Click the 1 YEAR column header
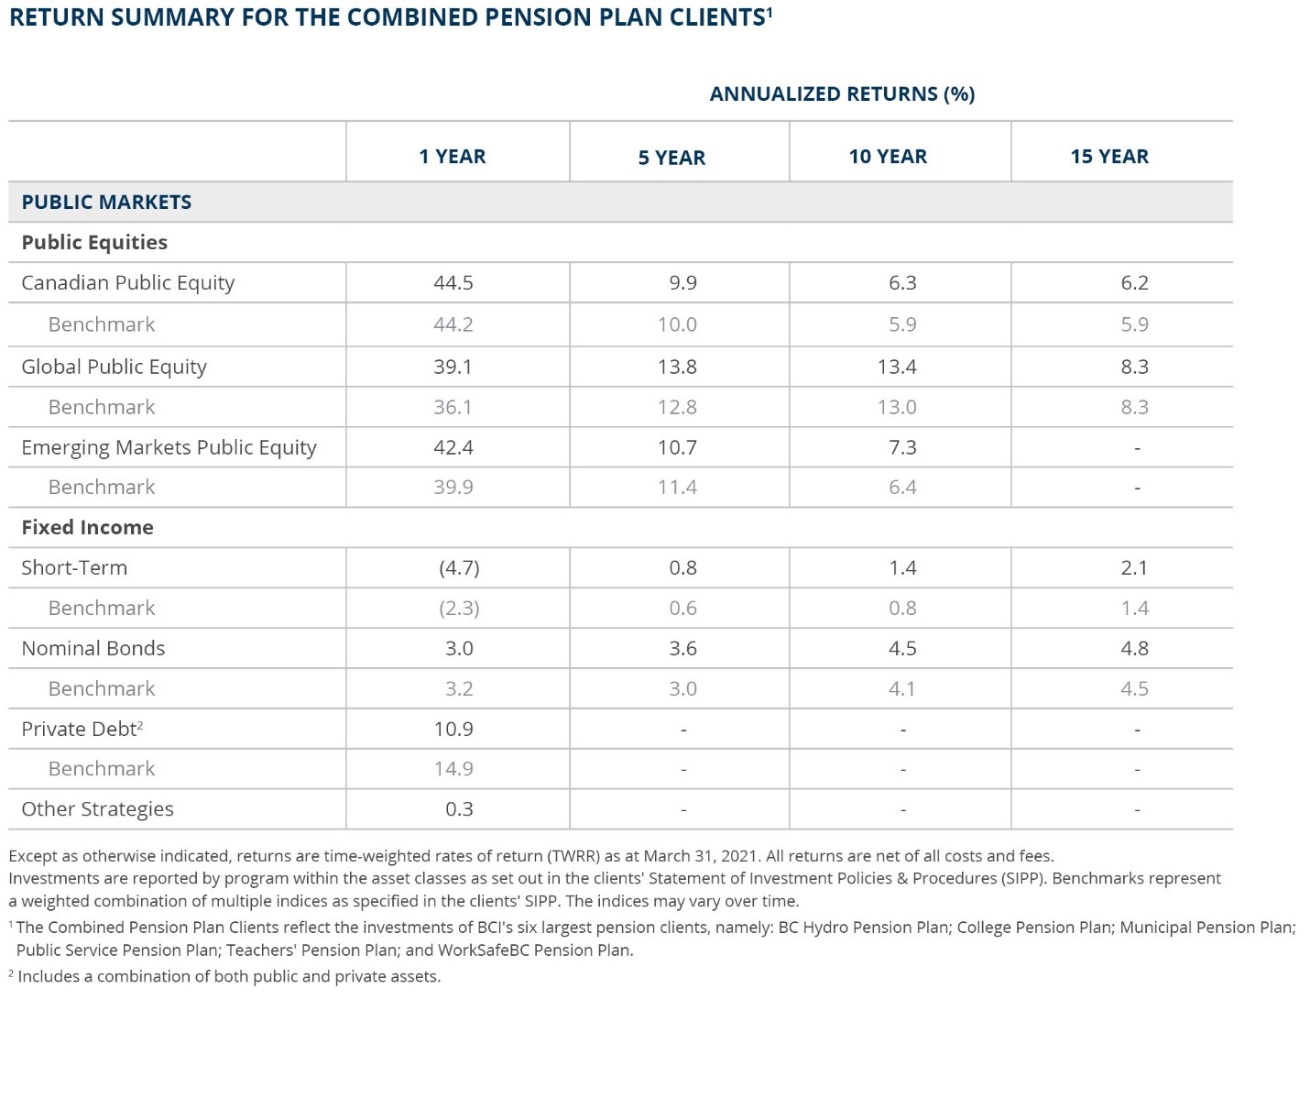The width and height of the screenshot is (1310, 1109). click(x=452, y=156)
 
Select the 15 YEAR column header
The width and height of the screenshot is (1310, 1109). click(x=1109, y=156)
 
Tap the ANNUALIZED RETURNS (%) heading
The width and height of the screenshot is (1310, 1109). click(x=842, y=93)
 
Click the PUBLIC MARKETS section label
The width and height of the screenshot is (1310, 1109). click(x=106, y=202)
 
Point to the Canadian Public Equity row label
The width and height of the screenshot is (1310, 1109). click(x=128, y=282)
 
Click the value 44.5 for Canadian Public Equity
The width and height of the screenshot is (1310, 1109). click(x=453, y=282)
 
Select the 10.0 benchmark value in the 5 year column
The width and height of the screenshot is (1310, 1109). click(x=677, y=324)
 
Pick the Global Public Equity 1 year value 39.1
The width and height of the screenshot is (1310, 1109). click(x=453, y=367)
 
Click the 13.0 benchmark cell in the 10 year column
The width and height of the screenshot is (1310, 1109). click(x=897, y=406)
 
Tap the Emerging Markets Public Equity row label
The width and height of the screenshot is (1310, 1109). click(x=169, y=447)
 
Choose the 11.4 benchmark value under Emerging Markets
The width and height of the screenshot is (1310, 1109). click(x=677, y=487)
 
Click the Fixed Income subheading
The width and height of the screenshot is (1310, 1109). click(x=87, y=527)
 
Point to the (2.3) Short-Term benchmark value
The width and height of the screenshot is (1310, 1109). click(x=459, y=608)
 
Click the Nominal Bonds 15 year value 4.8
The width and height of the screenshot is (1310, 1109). click(x=1134, y=648)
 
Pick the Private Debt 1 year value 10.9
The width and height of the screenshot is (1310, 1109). click(x=453, y=729)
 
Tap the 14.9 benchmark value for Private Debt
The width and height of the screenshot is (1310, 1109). click(x=453, y=768)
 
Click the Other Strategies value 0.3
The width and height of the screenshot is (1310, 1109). click(x=459, y=809)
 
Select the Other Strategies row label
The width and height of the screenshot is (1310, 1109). click(x=98, y=809)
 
